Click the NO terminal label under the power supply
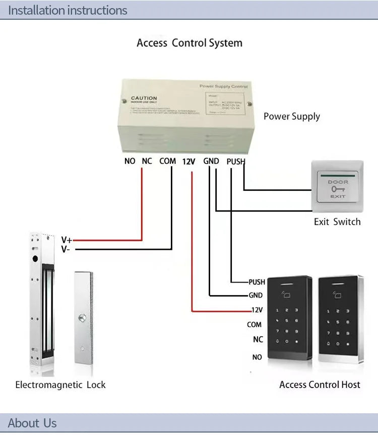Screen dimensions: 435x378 pos(130,161)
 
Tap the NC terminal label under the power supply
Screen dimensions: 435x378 pos(147,161)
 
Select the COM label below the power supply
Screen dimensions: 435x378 pos(168,161)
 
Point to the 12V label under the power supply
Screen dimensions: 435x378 pos(188,161)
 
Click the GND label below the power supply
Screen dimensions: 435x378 pos(211,161)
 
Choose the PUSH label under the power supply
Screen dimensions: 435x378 pos(235,161)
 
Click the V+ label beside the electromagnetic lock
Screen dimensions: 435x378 pos(67,240)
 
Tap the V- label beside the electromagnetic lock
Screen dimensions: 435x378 pos(66,249)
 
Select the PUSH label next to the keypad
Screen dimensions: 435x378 pos(257,282)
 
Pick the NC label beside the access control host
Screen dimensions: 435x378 pos(258,340)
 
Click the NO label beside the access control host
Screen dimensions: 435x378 pos(257,357)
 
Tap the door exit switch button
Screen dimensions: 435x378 pos(338,188)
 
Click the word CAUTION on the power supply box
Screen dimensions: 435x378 pos(144,98)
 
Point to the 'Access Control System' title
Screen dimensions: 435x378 pos(190,43)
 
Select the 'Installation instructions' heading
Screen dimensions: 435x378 pos(68,10)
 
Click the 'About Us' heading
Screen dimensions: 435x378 pos(32,423)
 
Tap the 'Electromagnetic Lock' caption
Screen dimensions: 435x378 pos(60,385)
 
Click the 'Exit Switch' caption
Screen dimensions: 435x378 pos(337,222)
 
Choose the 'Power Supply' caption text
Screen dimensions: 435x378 pos(292,116)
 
